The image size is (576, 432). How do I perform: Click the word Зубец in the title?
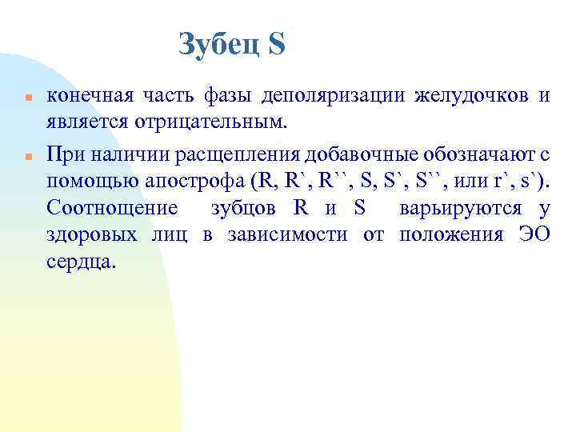coord(218,45)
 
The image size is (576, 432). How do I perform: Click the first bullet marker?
coord(26,98)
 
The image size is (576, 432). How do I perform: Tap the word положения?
coord(443,236)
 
